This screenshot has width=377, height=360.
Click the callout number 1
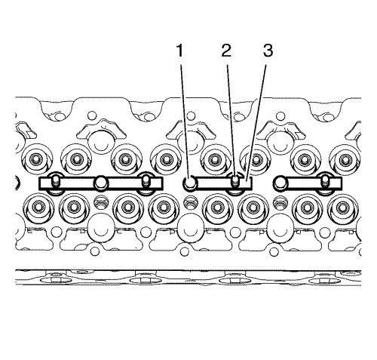[x=179, y=51]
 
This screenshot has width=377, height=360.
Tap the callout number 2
[x=226, y=51]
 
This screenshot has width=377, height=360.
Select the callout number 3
[x=268, y=51]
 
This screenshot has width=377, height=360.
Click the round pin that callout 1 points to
[x=189, y=183]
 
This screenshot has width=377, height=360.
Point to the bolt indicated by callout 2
[x=234, y=181]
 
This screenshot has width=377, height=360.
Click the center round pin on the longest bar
[x=101, y=183]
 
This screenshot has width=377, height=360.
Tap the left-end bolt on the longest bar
[x=56, y=182]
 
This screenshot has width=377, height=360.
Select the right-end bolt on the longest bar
[x=146, y=182]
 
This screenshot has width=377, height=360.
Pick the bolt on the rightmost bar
[x=325, y=181]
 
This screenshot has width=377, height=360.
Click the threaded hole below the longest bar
[x=101, y=203]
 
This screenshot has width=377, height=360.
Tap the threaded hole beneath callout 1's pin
[x=190, y=203]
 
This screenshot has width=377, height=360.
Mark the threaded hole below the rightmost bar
[x=280, y=203]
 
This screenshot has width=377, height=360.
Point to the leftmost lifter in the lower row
[x=38, y=208]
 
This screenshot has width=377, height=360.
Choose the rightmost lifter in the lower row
[x=342, y=208]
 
